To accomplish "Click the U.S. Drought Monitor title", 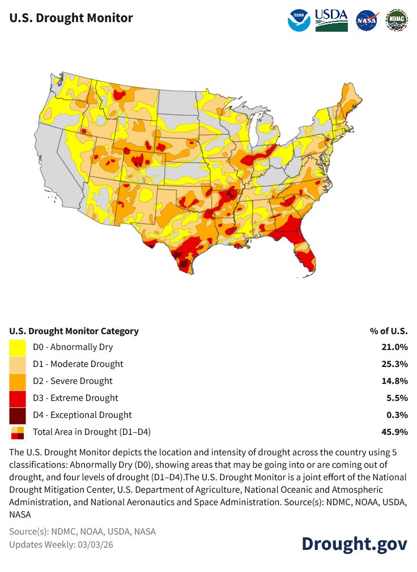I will pyautogui.click(x=71, y=18).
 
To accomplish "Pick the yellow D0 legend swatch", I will pyautogui.click(x=18, y=347).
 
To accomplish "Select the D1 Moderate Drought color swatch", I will pyautogui.click(x=18, y=364).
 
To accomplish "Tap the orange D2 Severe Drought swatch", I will pyautogui.click(x=18, y=381).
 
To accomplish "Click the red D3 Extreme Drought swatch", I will pyautogui.click(x=18, y=398).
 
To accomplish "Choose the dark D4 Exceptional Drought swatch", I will pyautogui.click(x=18, y=415).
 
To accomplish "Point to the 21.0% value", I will pyautogui.click(x=395, y=347).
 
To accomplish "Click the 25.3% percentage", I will pyautogui.click(x=395, y=364).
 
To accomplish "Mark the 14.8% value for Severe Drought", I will pyautogui.click(x=395, y=381).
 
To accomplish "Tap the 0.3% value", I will pyautogui.click(x=397, y=415).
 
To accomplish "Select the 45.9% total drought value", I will pyautogui.click(x=395, y=432).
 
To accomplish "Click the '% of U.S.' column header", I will pyautogui.click(x=389, y=331).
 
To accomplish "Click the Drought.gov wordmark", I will pyautogui.click(x=354, y=543).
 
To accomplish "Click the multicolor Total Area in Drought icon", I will pyautogui.click(x=18, y=433).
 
